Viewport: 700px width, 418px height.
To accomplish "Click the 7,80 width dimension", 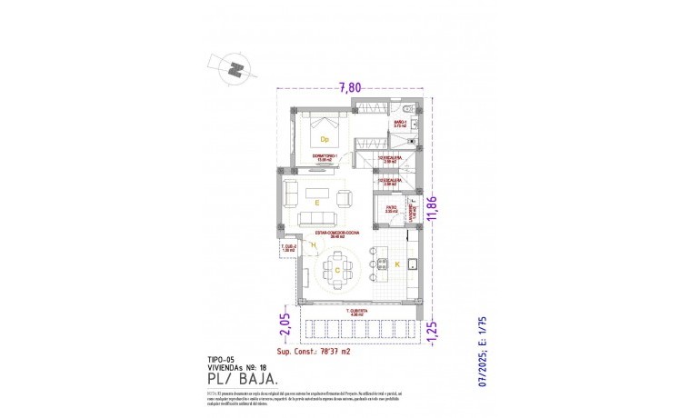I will (x=350, y=87).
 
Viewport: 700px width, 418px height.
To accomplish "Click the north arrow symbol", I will (x=235, y=68).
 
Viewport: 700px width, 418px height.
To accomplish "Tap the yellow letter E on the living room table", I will (x=316, y=204).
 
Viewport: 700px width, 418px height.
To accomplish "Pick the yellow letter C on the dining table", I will (x=337, y=271).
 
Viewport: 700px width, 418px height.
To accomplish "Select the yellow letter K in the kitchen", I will (x=396, y=264).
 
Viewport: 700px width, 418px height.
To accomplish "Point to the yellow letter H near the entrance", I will (x=314, y=245).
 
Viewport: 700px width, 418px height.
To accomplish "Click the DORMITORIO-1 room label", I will (x=324, y=156).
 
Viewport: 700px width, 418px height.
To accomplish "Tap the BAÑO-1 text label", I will (x=399, y=122).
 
